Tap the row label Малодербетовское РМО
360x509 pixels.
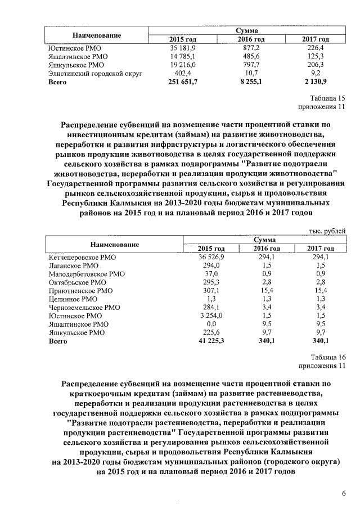click(87, 273)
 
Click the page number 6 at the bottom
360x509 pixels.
click(343, 494)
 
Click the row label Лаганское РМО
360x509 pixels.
click(74, 265)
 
